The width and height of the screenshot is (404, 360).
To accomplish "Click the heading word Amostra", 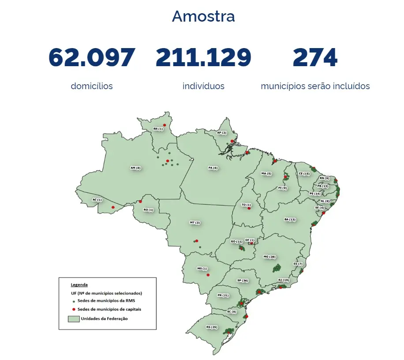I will pos(203,16).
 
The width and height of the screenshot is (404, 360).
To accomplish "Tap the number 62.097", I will pos(92,57).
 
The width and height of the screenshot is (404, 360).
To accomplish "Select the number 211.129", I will pos(203,57).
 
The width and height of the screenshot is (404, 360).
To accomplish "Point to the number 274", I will pos(315,57).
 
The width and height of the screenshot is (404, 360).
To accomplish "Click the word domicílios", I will pos(92,86).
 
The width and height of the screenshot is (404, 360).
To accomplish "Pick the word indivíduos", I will pos(203,86).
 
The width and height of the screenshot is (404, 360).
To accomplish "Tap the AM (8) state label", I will pos(135,168).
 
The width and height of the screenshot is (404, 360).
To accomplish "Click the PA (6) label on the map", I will pos(213,168).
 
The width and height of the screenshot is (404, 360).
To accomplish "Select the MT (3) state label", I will pos(195,223).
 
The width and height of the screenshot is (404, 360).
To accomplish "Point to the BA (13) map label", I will pos(290,219).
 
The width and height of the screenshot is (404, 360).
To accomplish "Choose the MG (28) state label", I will pos(269,256).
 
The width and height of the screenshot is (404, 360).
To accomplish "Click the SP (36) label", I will pos(243,281).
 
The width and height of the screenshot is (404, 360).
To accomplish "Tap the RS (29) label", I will pos(212,327).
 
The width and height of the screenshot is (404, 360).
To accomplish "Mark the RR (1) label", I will pos(158,129).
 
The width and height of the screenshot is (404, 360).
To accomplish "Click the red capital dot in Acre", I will pos(113,207).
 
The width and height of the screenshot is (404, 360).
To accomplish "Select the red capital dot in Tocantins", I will pos(249,209).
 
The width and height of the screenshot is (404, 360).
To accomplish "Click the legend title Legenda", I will pos(79,285).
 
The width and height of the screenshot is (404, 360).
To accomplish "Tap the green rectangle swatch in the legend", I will pos(73,319).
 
